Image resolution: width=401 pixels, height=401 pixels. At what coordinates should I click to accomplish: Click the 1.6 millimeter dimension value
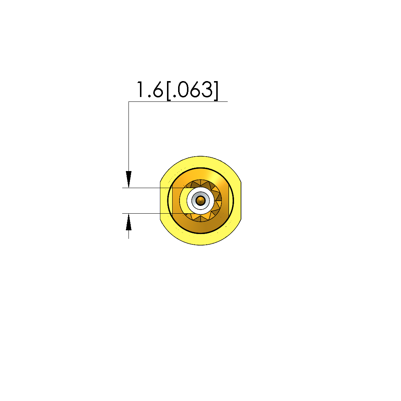[150, 90]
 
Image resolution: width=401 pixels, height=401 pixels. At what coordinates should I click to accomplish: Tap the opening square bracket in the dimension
[169, 91]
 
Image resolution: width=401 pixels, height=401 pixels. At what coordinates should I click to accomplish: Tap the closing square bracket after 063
[216, 91]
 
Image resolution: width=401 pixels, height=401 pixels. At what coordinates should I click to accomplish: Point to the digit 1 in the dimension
[140, 90]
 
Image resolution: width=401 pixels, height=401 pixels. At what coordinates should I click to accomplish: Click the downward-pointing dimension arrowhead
[128, 179]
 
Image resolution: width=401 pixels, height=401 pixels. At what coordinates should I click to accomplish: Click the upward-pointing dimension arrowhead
[128, 222]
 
